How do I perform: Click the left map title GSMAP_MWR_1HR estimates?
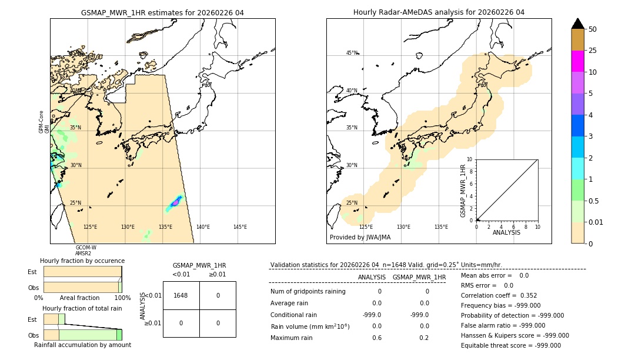[162, 12]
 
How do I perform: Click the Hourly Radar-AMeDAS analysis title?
[439, 12]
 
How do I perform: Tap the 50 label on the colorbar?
[593, 29]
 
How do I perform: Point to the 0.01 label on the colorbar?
[597, 222]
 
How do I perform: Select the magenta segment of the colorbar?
[577, 61]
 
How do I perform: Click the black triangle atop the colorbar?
[577, 24]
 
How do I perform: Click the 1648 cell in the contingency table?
[181, 295]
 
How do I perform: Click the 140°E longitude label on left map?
[203, 227]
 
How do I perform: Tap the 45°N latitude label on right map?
[352, 53]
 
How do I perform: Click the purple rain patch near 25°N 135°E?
[175, 203]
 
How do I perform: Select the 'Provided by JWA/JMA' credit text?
[360, 237]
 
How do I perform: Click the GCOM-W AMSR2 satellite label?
[86, 251]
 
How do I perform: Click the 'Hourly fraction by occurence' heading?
[82, 261]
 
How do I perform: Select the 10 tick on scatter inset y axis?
[469, 159]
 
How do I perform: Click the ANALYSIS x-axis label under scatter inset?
[506, 232]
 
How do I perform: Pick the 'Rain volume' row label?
[310, 326]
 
